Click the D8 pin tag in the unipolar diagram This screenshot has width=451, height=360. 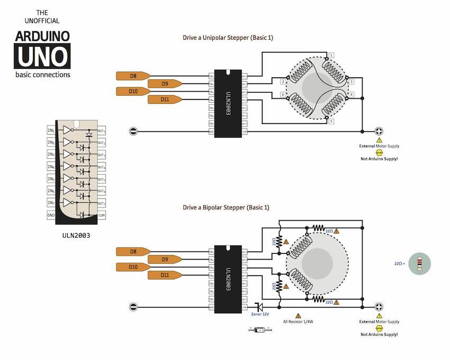(133, 76)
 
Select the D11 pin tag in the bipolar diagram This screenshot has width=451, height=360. (165, 275)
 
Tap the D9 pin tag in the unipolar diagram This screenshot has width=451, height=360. (165, 84)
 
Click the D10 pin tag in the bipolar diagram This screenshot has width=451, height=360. (133, 267)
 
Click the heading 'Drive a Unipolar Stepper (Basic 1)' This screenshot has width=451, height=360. (228, 38)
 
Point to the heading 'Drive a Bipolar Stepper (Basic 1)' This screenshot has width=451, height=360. (226, 207)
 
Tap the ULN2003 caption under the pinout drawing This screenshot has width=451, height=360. (76, 235)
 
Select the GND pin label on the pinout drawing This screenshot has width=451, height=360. (51, 215)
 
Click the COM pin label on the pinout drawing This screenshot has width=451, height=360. (102, 215)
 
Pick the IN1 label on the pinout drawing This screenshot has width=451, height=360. (51, 130)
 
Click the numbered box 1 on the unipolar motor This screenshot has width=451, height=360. (331, 55)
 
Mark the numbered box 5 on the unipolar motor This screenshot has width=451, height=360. (331, 121)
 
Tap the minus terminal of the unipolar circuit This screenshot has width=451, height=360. (133, 131)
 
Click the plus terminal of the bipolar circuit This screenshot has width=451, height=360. (379, 307)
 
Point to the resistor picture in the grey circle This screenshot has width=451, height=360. (420, 263)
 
